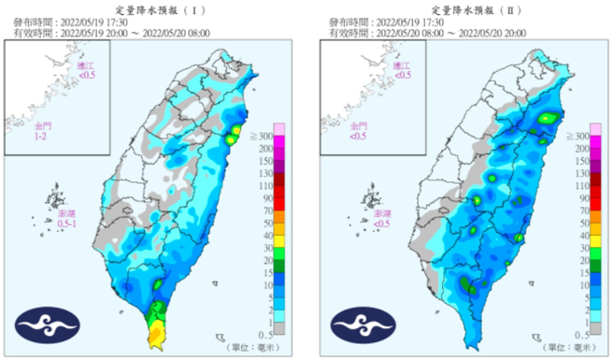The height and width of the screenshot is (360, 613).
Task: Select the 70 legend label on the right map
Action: pyautogui.click(x=582, y=210)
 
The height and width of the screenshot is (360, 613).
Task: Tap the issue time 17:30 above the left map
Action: pyautogui.click(x=107, y=19)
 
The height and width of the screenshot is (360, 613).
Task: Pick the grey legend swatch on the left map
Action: pyautogui.click(x=278, y=334)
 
